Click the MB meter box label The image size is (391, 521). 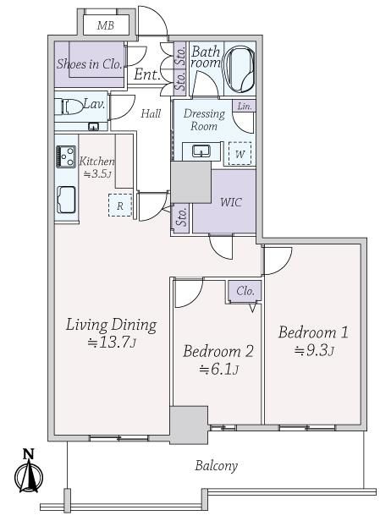[106, 25]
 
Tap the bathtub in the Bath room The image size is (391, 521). [240, 69]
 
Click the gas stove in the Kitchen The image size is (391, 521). [66, 156]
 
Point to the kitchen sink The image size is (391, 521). [66, 199]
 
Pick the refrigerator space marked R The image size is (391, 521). [120, 206]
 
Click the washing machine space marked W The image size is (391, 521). [240, 154]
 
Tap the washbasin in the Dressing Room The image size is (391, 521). [201, 151]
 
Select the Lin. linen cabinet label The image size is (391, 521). [245, 107]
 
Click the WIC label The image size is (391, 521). [231, 201]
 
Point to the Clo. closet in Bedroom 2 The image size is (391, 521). [245, 292]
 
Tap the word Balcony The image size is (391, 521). [216, 465]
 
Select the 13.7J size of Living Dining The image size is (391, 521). [112, 343]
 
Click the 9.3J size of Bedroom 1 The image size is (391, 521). [313, 350]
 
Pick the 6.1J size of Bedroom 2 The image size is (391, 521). [218, 369]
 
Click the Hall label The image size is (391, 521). [151, 113]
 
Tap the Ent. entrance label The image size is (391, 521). [147, 74]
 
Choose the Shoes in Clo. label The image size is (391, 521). [89, 63]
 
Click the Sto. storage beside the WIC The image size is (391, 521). [181, 218]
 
